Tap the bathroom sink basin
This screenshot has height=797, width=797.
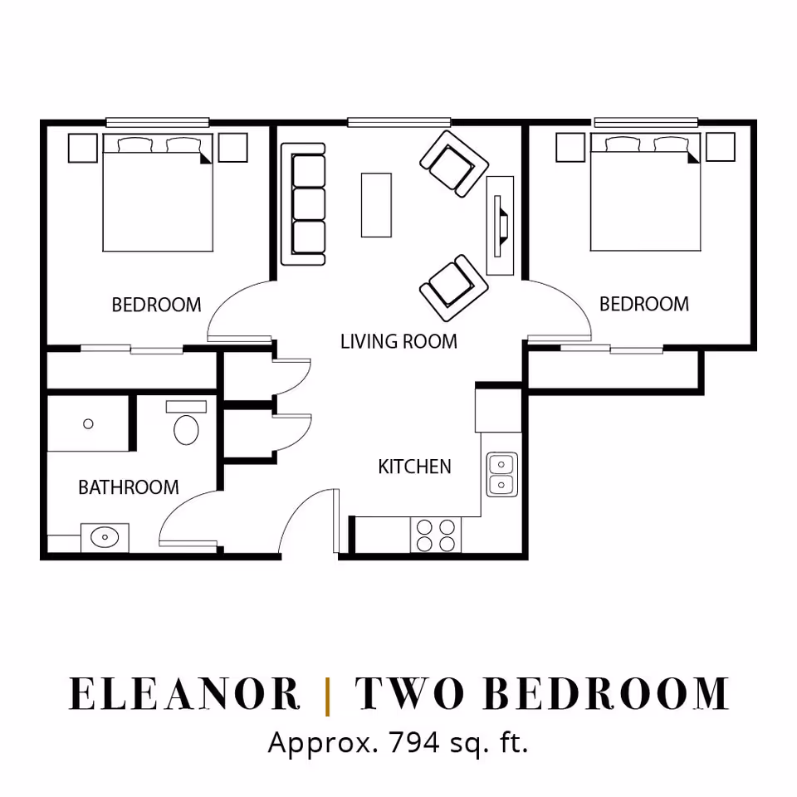105,537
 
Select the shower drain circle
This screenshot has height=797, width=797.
88,423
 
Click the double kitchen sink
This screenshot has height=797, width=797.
501,474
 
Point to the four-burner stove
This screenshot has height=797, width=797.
436,535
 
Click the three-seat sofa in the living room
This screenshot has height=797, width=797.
304,204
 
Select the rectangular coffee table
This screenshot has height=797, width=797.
376,205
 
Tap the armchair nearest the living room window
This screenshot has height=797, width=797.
454,164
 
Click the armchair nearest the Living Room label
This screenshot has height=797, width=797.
454,288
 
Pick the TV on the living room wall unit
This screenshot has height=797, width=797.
500,226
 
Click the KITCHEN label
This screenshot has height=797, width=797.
415,467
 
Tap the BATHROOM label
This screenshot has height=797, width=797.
129,487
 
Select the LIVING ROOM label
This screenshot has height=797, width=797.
399,341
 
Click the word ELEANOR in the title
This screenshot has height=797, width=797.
184,694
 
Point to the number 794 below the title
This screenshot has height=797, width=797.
414,742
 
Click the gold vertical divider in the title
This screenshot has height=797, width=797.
327,696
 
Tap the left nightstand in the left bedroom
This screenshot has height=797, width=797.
83,148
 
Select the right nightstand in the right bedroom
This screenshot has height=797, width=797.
721,148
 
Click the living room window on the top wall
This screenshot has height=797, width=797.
399,122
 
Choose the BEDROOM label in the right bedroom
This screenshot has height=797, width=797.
644,304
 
